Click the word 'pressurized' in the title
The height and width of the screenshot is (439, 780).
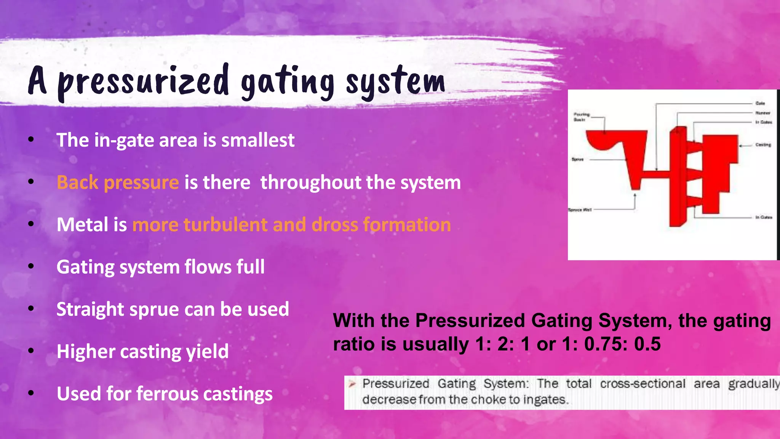(x=143, y=81)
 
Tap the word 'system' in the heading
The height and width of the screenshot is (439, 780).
(x=395, y=81)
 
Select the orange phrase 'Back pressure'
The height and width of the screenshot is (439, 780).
(x=118, y=182)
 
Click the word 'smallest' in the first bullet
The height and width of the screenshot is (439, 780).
(x=258, y=140)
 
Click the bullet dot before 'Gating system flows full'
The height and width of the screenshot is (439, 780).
(x=31, y=266)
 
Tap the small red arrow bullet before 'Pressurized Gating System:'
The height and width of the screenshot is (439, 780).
(x=352, y=384)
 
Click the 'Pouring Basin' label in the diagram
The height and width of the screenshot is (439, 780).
(x=581, y=117)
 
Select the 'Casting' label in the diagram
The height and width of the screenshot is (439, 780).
(x=763, y=145)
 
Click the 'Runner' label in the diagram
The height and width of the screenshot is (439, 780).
(x=762, y=113)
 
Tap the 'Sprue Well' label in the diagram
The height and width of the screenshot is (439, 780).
(x=580, y=210)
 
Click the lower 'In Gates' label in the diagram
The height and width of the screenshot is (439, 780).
(x=764, y=217)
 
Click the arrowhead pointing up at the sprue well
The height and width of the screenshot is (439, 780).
(x=635, y=195)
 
